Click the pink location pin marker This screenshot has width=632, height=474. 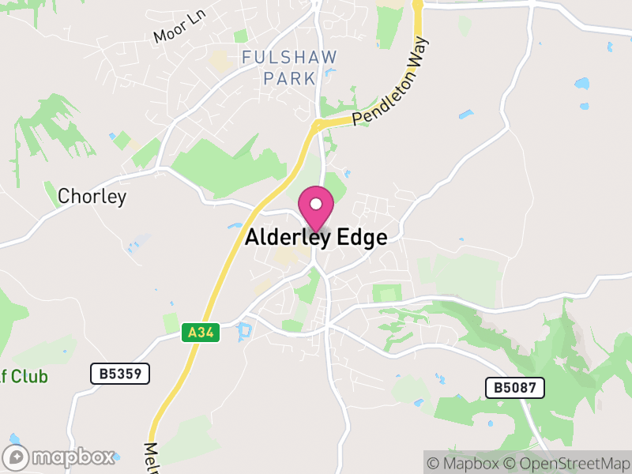tap(316, 208)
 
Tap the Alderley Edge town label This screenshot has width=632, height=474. tap(316, 237)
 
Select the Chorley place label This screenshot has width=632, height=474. tap(92, 197)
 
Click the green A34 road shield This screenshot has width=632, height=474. tap(201, 333)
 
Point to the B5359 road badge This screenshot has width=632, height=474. tap(120, 374)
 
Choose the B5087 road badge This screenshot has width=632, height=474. tap(514, 387)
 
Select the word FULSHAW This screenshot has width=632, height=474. tap(289, 58)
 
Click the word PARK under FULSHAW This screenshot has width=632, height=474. tap(289, 78)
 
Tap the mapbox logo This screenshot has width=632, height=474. tap(60, 457)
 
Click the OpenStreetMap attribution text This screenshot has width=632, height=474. tap(566, 463)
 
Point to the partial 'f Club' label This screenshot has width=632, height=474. tap(24, 376)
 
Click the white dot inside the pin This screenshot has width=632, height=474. tap(316, 204)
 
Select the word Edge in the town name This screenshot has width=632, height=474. tap(359, 237)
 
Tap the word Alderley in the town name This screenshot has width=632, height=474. tap(287, 237)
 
